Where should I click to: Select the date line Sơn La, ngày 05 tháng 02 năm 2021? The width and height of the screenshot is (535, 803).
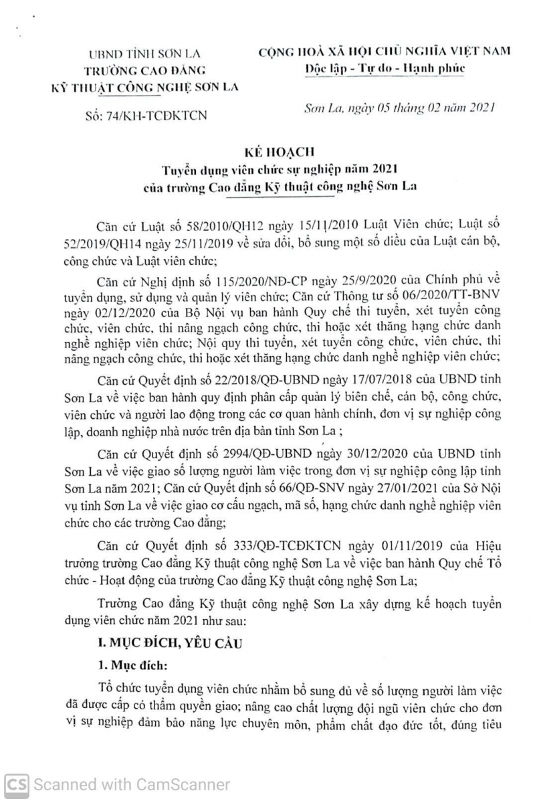[x=399, y=108]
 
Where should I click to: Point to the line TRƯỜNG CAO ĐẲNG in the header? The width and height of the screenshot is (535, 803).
[x=148, y=70]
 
